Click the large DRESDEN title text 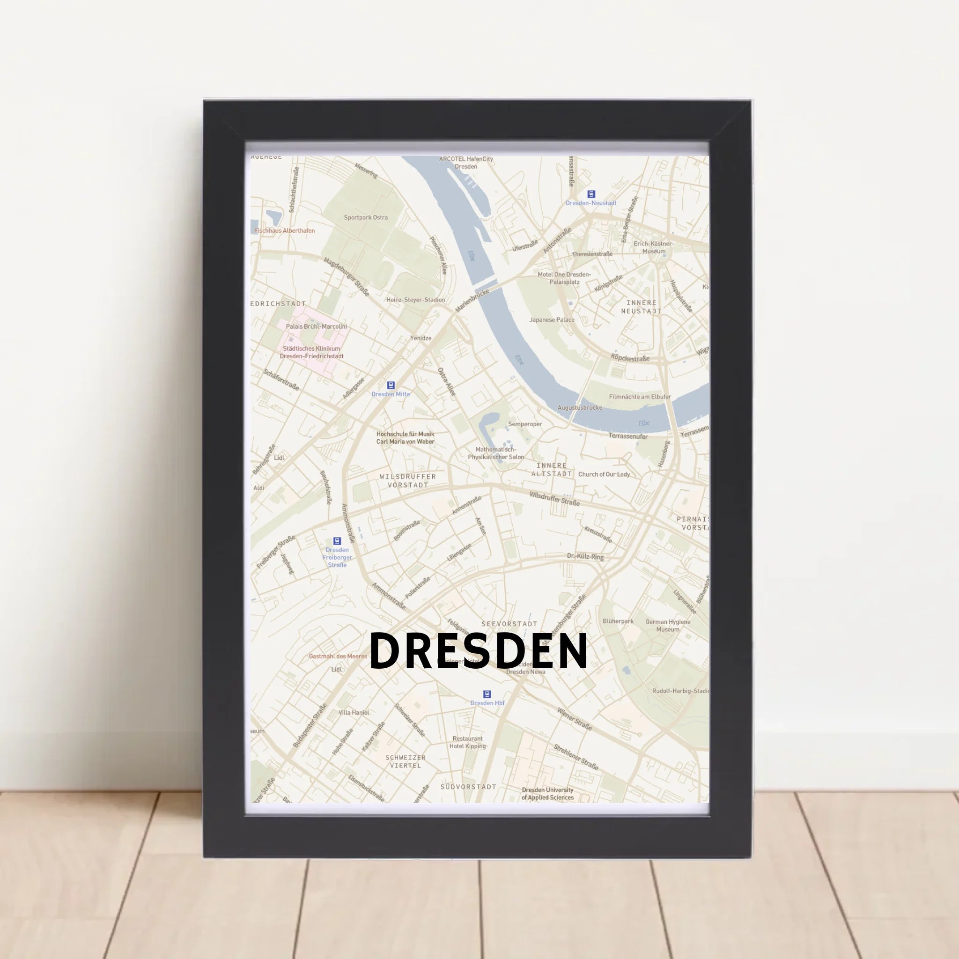479,651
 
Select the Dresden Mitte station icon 391,385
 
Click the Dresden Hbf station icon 487,694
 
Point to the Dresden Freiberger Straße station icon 337,541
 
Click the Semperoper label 524,424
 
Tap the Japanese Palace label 552,320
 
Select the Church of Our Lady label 604,474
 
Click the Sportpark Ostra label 366,217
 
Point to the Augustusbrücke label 579,407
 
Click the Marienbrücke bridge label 472,300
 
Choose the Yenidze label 420,338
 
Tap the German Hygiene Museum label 668,626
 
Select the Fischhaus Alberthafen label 284,230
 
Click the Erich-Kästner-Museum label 654,247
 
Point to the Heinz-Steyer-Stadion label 415,300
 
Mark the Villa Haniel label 354,712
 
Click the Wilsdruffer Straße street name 554,498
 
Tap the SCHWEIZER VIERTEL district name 406,761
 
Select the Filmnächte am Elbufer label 640,397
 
